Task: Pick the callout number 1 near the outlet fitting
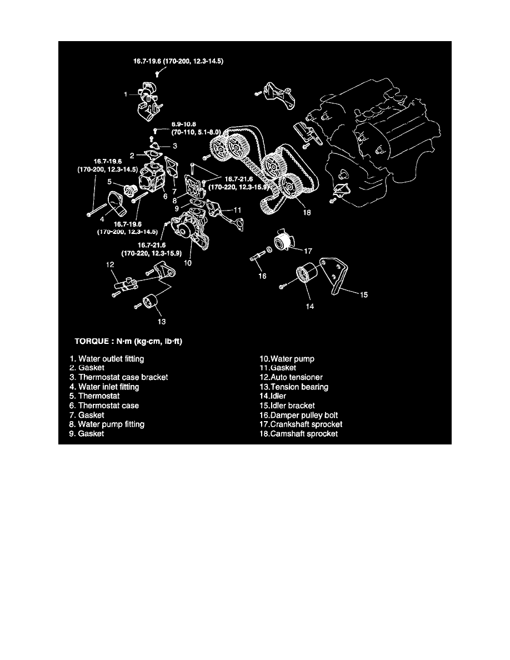click(x=126, y=94)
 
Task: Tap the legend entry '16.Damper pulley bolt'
click(x=302, y=415)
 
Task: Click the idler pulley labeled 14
click(x=305, y=276)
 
